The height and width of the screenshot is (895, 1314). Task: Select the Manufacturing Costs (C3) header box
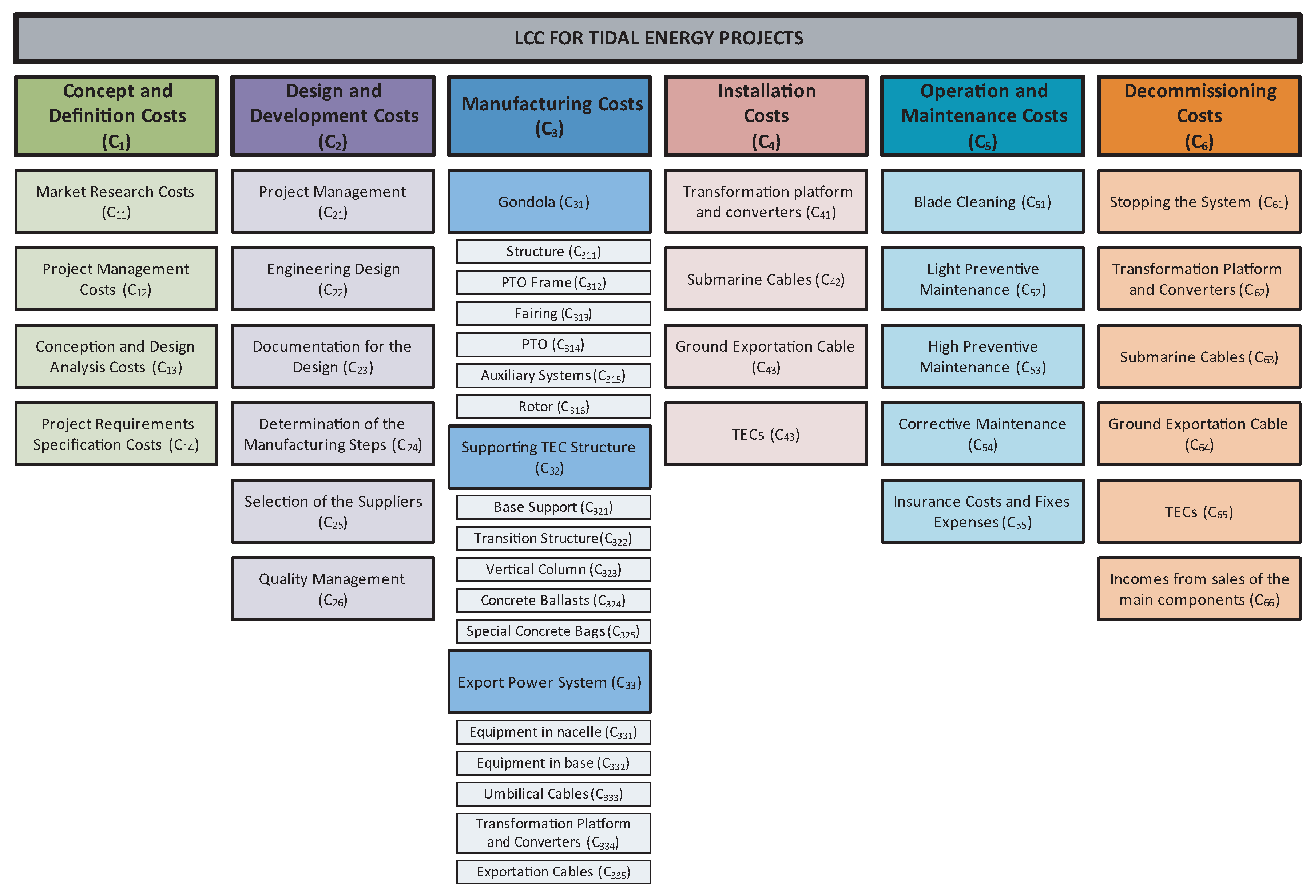[x=549, y=116]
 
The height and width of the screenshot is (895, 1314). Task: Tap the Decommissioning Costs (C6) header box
[x=1199, y=116]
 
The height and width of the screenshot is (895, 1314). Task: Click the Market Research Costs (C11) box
[x=116, y=201]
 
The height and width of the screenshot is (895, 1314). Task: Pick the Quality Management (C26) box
[x=333, y=589]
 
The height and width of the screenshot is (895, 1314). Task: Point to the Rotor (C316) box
[x=553, y=407]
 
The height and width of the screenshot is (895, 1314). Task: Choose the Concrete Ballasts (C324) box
[x=553, y=601]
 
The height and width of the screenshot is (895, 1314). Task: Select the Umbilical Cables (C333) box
[x=553, y=794]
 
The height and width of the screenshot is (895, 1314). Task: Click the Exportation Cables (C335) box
[x=553, y=872]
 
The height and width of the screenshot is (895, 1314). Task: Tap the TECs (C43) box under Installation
[x=766, y=434]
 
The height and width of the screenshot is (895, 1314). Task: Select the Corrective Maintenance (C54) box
[x=982, y=434]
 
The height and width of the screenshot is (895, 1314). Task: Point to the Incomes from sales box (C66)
[x=1199, y=589]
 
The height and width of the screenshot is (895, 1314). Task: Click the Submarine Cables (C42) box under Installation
[x=766, y=279]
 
